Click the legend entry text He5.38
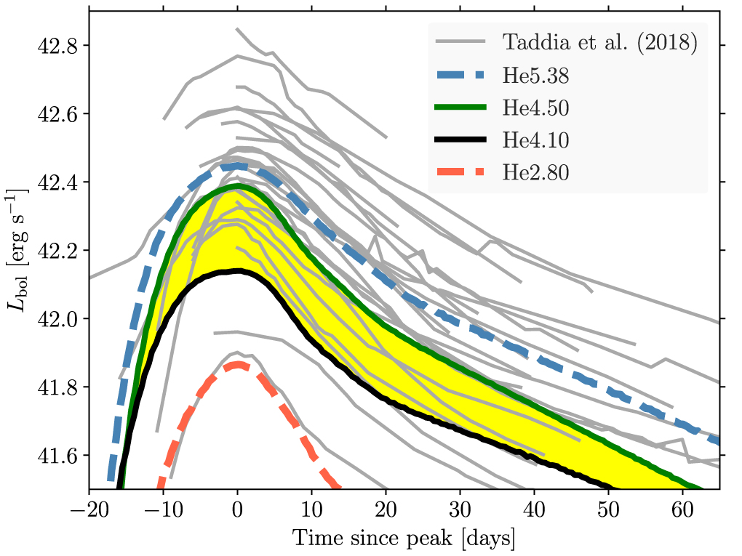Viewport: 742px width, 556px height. tap(535, 75)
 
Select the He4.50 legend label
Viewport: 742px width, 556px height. tap(535, 108)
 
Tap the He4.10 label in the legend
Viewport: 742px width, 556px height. tap(535, 140)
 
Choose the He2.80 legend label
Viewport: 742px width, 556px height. tap(535, 173)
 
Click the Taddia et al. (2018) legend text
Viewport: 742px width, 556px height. tap(600, 42)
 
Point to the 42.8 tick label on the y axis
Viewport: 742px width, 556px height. tap(58, 46)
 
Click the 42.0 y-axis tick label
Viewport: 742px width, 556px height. tap(58, 319)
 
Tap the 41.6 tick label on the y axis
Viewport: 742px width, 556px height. tap(58, 456)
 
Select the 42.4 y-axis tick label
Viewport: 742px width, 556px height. tap(58, 182)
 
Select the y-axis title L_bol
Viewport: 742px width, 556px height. tap(17, 251)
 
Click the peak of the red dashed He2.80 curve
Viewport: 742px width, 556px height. tap(237, 365)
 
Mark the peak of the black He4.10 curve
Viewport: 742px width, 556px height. tap(238, 271)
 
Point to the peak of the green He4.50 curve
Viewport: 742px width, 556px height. tap(238, 186)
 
